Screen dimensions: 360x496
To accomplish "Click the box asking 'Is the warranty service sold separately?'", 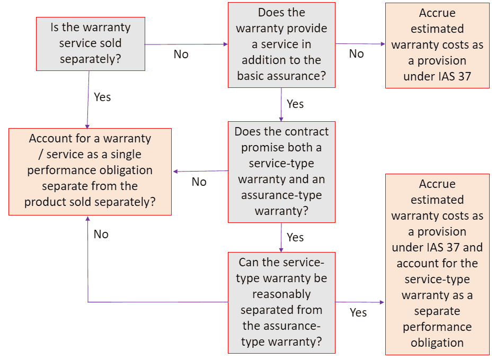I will point(90,43).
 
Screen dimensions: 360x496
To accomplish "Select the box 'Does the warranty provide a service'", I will point(281,44).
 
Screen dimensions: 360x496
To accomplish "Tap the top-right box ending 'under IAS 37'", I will point(437,45).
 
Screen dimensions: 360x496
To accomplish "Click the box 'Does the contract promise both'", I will point(281,172).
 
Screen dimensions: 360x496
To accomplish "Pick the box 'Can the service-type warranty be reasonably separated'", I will point(281,302).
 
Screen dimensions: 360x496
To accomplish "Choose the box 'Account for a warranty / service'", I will point(90,171).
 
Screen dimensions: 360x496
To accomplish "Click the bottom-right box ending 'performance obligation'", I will point(437,264).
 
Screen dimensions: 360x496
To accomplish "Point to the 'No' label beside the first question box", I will point(181,55).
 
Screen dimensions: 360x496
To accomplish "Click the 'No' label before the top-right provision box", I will point(356,54).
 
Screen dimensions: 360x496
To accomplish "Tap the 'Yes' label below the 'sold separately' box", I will point(102,97).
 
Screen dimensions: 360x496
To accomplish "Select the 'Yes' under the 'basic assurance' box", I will point(295,104).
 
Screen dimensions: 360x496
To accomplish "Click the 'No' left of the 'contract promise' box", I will point(199,182).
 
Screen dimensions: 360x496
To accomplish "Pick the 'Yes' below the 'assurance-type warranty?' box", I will point(295,237).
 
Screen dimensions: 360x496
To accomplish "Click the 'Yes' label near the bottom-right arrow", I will point(358,312).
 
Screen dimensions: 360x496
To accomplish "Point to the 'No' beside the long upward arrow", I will point(101,234).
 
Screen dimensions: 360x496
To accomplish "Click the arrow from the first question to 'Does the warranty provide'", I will point(185,44).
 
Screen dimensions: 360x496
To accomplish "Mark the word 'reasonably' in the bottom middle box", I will point(281,294).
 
